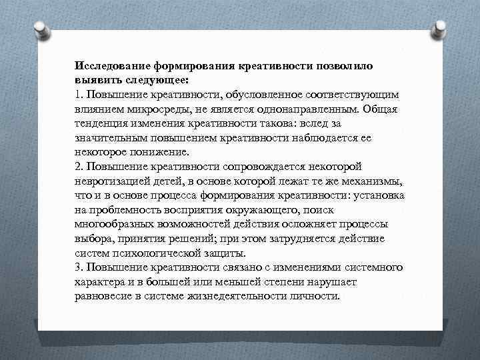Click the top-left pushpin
click(x=39, y=29)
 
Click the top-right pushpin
click(x=440, y=29)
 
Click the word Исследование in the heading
click(x=113, y=67)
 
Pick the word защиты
click(x=226, y=253)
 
